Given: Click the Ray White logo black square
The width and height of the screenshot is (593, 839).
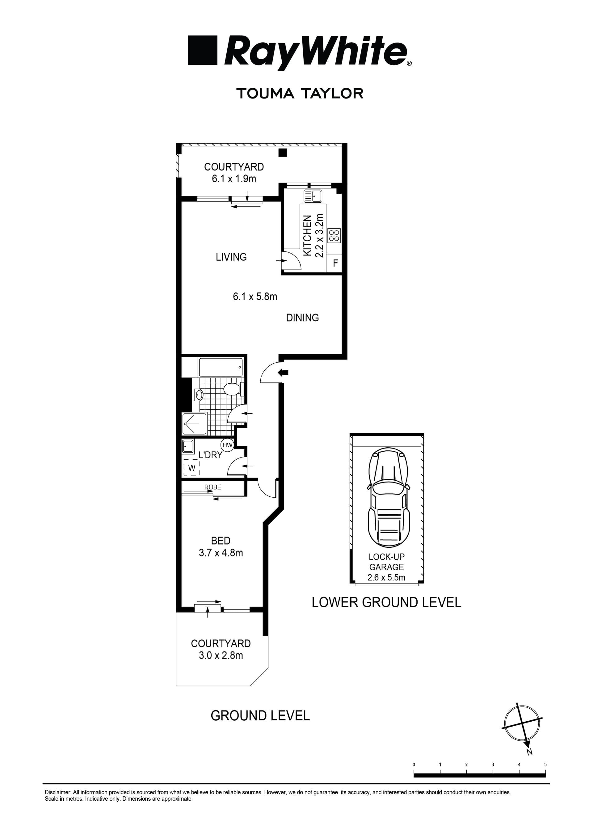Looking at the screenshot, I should click(x=202, y=50).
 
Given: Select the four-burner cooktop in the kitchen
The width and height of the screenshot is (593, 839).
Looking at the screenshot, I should click(x=334, y=235).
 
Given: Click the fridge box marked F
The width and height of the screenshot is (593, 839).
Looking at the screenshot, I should click(x=335, y=263).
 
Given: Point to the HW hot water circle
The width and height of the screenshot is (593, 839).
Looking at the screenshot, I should click(x=227, y=445).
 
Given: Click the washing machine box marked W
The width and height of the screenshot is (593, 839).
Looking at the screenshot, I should click(x=191, y=468).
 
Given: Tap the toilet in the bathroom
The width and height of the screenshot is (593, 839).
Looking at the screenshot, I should click(x=232, y=389).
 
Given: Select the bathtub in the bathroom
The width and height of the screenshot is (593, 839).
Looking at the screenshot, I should click(x=220, y=367).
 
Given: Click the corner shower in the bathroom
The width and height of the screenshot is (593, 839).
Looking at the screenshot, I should click(x=194, y=424).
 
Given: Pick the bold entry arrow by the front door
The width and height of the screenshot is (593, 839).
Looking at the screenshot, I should click(x=283, y=373).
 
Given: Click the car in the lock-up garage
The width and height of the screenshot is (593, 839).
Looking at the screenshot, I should click(x=389, y=499).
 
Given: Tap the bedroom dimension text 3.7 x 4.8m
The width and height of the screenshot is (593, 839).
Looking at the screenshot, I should click(x=221, y=553).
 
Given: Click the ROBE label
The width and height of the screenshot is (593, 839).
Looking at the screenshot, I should click(x=213, y=487).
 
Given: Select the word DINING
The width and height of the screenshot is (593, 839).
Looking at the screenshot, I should click(x=302, y=318).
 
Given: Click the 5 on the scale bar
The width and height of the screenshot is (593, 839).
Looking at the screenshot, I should click(x=545, y=765).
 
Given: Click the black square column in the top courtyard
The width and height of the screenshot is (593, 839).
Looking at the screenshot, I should click(x=282, y=153).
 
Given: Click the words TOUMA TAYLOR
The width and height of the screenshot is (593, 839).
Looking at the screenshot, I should click(x=300, y=94).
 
